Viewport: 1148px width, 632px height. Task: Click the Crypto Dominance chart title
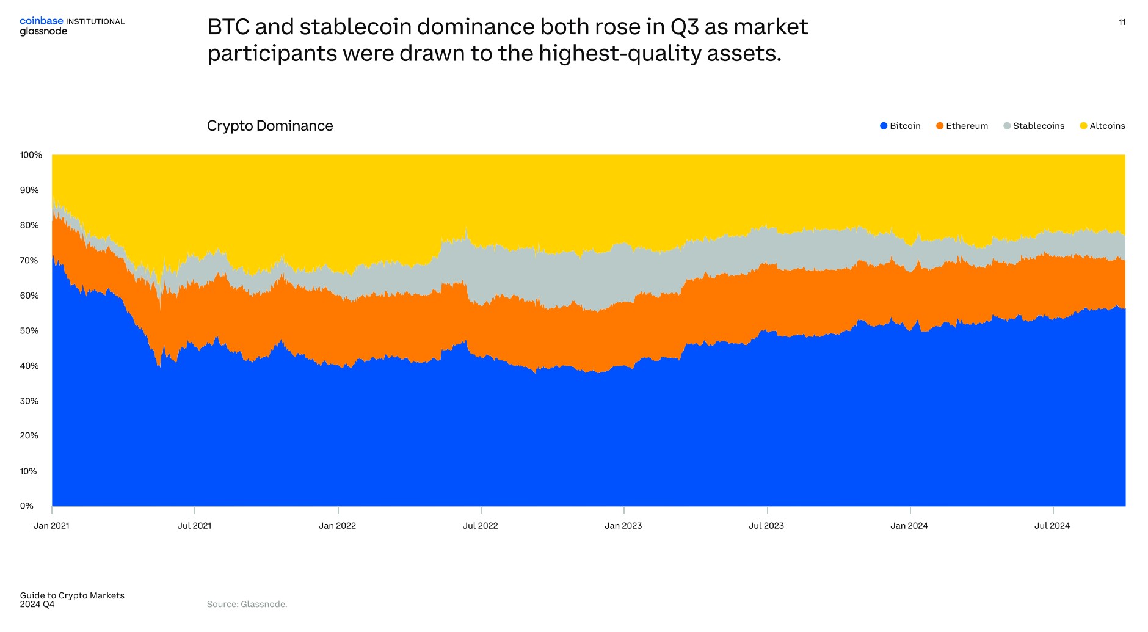tap(270, 126)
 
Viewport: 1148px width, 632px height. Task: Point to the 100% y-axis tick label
tap(31, 155)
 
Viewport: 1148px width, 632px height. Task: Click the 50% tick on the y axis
tap(29, 331)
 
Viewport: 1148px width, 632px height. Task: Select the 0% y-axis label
tap(26, 506)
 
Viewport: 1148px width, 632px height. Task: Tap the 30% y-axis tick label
tap(29, 401)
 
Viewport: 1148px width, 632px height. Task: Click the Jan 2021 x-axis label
tap(51, 526)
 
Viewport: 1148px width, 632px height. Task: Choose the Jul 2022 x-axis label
tap(480, 526)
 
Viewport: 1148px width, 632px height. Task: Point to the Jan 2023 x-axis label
tap(623, 526)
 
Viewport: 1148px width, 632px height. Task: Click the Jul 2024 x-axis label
tap(1052, 526)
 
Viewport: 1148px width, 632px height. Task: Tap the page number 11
tap(1122, 22)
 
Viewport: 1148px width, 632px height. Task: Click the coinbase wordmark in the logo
tap(41, 21)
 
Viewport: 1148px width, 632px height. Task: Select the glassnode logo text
tap(43, 32)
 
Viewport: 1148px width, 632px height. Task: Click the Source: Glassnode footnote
tap(247, 604)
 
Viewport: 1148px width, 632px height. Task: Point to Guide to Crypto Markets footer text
tap(72, 595)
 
